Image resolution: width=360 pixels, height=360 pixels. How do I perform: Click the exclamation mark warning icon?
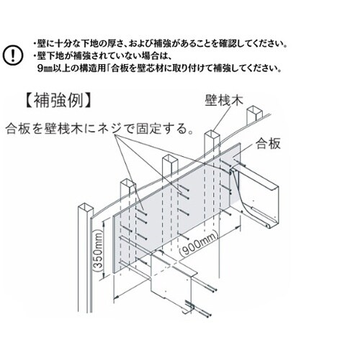(13, 55)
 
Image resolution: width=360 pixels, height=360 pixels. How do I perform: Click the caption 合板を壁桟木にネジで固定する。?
(100, 130)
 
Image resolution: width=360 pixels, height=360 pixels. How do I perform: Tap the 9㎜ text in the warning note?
(45, 68)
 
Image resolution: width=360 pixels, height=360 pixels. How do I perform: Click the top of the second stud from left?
(127, 184)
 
